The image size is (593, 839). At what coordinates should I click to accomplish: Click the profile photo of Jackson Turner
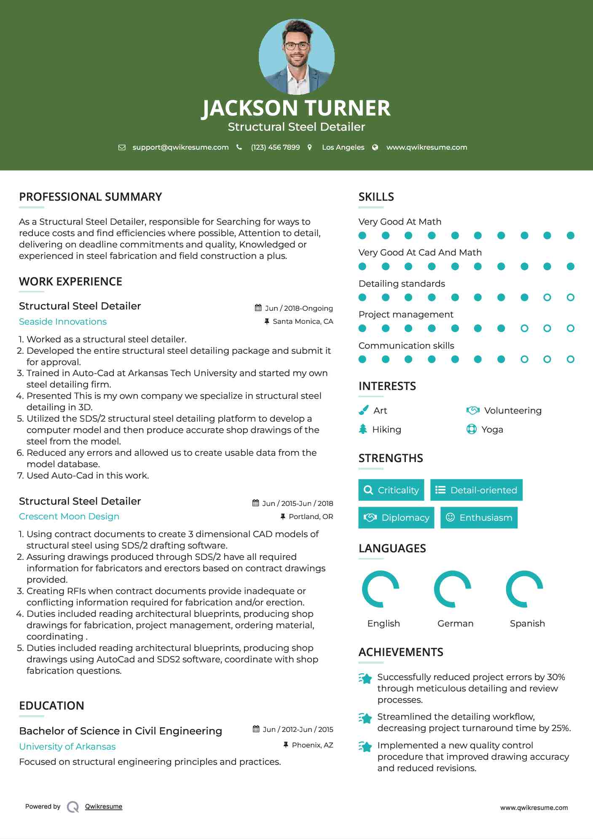tap(296, 56)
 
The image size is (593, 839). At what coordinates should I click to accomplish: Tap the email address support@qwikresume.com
tap(180, 147)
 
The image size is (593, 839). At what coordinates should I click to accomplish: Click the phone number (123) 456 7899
tap(275, 147)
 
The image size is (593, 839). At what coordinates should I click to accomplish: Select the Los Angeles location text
tap(343, 147)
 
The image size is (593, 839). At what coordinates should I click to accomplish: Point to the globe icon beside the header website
tap(375, 147)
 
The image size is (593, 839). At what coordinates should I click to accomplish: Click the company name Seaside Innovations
tap(63, 322)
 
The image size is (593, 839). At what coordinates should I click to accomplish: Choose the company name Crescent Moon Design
tap(69, 516)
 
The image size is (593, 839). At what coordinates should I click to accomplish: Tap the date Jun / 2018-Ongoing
tap(298, 308)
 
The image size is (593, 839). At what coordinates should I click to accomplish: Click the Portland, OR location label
tap(311, 516)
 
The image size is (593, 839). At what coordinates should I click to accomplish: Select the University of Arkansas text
tap(67, 747)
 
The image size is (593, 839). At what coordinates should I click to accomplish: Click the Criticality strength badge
tap(391, 490)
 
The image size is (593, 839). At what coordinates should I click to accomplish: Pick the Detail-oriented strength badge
tap(476, 490)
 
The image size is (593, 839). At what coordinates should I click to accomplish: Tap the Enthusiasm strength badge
tap(479, 517)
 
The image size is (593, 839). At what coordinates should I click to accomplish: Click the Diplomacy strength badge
tap(396, 517)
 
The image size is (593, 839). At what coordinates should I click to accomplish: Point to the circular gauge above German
tap(453, 589)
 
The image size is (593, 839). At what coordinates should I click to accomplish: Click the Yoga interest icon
tap(471, 429)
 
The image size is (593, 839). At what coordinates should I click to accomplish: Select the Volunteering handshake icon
tap(473, 410)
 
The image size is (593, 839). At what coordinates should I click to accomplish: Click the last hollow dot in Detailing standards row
tap(570, 297)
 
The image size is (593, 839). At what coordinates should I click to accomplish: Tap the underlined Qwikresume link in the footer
tap(104, 807)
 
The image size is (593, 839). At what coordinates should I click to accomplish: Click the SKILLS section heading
tap(376, 197)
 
